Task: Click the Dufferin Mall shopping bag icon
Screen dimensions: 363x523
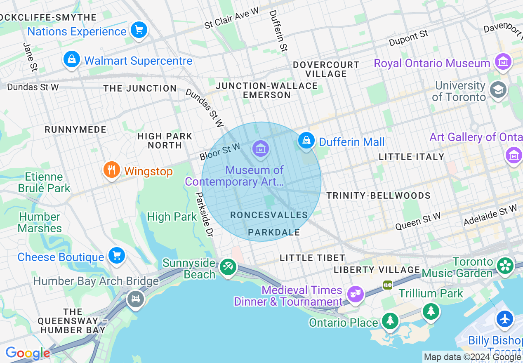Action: tap(306, 140)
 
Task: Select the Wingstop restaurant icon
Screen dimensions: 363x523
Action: tap(111, 170)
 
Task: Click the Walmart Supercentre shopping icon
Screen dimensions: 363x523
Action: tap(72, 59)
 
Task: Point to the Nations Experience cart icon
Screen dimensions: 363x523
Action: tap(139, 30)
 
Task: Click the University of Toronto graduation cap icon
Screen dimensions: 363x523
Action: tap(498, 90)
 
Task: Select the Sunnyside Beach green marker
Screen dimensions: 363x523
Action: tap(228, 266)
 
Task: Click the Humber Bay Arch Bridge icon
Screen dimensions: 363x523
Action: tap(136, 298)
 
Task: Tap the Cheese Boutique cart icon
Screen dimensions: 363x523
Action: tap(116, 256)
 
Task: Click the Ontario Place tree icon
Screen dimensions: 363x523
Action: tap(389, 321)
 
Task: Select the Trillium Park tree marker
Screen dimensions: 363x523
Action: tap(431, 311)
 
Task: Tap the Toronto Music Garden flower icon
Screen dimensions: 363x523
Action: tap(505, 265)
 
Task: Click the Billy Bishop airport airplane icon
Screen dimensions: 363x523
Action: tap(505, 319)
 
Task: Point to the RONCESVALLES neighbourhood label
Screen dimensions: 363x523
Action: tap(269, 215)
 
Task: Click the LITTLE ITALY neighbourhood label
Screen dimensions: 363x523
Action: tap(411, 157)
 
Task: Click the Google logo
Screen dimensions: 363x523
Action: tap(28, 353)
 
